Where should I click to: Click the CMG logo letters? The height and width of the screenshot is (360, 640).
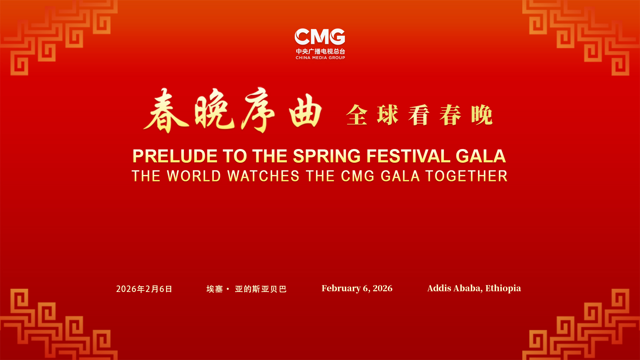[320, 37]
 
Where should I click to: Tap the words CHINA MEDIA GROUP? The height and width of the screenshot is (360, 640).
[320, 58]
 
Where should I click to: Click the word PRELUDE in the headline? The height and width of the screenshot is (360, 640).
[175, 156]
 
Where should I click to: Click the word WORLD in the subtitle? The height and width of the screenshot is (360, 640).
[194, 176]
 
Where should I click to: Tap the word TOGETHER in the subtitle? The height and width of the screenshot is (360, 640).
[467, 176]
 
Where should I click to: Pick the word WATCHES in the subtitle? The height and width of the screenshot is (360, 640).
[263, 176]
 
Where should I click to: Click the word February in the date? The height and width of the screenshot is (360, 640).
[341, 288]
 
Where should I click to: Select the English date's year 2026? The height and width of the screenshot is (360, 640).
[383, 288]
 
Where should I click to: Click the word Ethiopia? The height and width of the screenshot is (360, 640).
[503, 288]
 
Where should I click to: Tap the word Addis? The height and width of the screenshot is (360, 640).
[439, 288]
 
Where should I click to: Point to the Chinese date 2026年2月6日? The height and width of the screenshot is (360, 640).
[144, 289]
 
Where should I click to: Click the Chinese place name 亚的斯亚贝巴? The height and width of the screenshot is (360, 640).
[261, 289]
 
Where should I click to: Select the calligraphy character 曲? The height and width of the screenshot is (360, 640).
[305, 111]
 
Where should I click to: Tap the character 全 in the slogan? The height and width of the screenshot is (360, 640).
[357, 115]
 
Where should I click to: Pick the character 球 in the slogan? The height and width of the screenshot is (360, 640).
[388, 115]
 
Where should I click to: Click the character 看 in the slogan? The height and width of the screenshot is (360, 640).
[419, 115]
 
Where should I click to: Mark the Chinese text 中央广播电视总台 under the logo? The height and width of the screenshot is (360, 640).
[320, 51]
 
